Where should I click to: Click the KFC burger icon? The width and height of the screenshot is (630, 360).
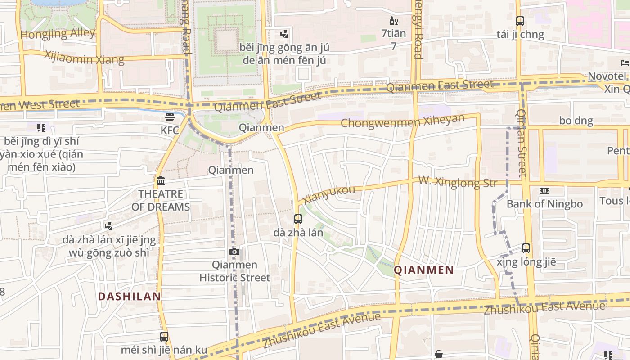click(170, 117)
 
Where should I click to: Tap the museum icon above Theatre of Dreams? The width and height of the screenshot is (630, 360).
click(161, 181)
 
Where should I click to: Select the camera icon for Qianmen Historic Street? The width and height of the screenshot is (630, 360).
click(234, 252)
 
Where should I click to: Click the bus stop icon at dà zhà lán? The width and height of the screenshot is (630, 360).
click(298, 219)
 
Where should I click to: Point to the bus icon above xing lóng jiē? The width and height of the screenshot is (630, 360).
click(526, 248)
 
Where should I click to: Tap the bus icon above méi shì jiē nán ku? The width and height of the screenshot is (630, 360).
click(164, 336)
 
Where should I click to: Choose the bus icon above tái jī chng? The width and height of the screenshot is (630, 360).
click(520, 21)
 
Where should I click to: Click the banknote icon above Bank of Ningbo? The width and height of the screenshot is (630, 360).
click(544, 191)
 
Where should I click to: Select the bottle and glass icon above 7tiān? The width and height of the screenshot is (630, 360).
click(393, 21)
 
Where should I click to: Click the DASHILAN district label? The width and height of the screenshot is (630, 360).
click(130, 297)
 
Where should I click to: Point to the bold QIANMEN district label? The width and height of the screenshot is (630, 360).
click(424, 270)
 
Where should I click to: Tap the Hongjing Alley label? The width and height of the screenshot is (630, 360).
click(58, 34)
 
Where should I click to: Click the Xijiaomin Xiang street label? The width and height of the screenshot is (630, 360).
click(84, 58)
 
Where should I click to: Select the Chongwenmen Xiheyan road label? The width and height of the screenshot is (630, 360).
click(402, 121)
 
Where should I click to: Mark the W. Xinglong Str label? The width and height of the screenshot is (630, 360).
click(458, 182)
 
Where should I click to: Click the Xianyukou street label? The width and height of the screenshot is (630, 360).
click(329, 194)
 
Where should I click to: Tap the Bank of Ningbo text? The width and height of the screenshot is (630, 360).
click(544, 204)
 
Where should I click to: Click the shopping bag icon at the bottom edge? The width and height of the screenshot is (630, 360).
click(439, 355)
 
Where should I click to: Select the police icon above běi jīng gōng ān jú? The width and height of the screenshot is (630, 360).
click(284, 34)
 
